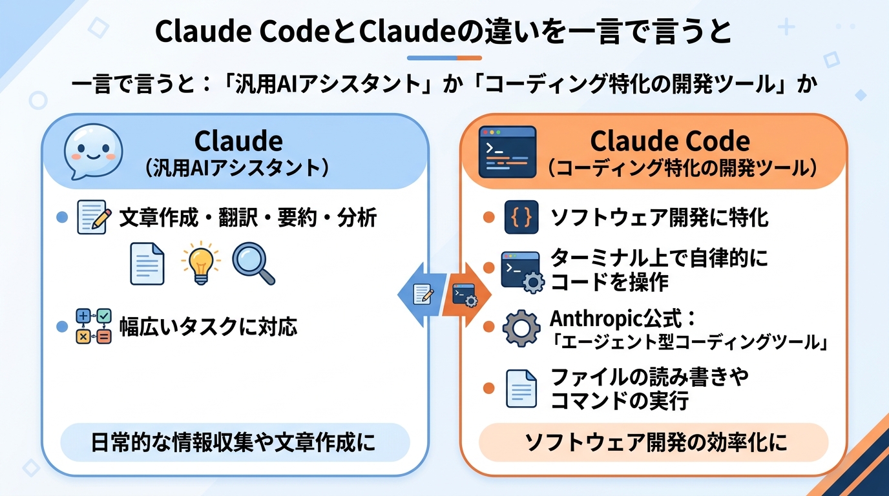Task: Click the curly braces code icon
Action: tap(521, 217)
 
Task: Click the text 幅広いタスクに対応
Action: tap(208, 327)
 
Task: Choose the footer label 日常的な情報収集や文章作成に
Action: tap(234, 444)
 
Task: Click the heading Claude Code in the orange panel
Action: tap(670, 141)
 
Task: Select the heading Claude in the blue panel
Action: tap(238, 141)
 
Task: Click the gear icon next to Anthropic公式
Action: tap(520, 328)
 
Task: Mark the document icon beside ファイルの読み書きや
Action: tap(521, 388)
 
